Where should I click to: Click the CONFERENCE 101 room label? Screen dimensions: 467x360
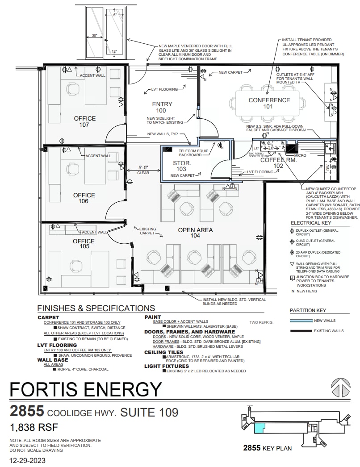269,103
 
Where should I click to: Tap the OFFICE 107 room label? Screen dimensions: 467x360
84,121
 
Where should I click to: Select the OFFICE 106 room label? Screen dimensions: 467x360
84,198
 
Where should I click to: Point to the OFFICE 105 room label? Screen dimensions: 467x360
84,244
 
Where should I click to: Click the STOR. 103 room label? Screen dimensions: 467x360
182,166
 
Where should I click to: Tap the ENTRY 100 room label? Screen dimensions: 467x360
162,107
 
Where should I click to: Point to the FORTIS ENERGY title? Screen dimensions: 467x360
85,389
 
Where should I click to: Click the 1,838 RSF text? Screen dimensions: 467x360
34,427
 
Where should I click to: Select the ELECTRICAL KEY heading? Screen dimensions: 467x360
311,223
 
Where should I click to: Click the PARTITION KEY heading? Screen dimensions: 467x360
308,310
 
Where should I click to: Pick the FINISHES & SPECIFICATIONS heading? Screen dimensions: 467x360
96,308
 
